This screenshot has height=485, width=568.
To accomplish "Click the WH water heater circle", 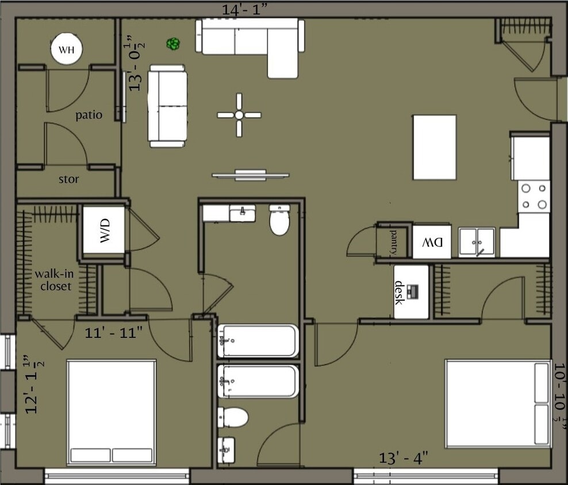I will [67, 50].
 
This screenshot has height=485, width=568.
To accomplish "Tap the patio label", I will [89, 115].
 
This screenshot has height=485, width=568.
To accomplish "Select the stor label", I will [69, 179].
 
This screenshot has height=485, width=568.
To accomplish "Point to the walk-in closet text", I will [52, 279].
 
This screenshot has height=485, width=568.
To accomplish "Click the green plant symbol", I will [172, 43].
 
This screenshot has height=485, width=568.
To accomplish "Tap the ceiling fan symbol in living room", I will [239, 115].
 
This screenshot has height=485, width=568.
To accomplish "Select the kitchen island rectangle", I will [435, 147].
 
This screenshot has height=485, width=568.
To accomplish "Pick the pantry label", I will [394, 240].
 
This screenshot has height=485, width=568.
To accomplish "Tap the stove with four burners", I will [534, 196].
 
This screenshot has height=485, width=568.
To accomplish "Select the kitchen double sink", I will [477, 242].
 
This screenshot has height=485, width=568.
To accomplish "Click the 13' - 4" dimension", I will [402, 458].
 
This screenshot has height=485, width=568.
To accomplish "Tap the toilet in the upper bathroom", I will [279, 221].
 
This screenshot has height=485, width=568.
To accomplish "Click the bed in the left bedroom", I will [112, 411].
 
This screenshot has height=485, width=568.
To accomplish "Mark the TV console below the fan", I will [250, 175].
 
